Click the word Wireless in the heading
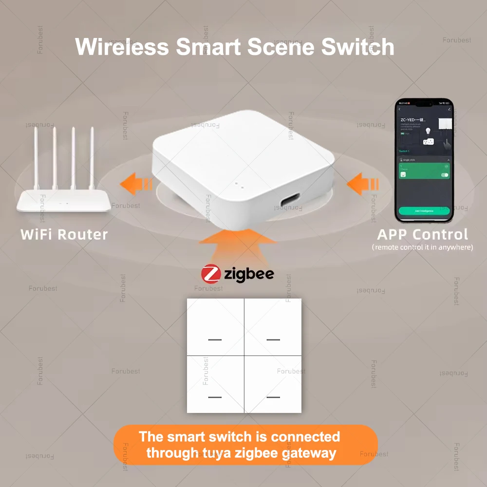[x=122, y=47]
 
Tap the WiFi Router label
[x=64, y=234]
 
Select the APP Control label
[x=422, y=234]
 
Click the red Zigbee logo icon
[x=210, y=273]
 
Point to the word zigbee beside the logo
[x=249, y=274]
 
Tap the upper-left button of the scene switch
[x=215, y=327]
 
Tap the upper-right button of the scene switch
[x=273, y=327]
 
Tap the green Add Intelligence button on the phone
[x=423, y=211]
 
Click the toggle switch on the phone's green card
[x=444, y=175]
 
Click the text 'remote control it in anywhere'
[x=422, y=247]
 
